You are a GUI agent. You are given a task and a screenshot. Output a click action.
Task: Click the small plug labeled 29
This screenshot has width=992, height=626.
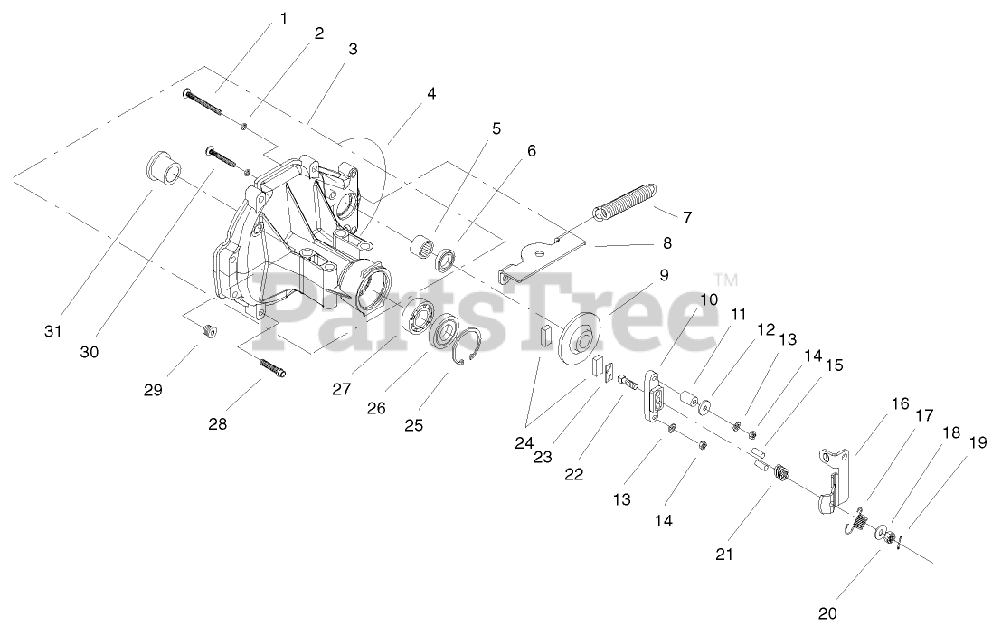click(x=208, y=331)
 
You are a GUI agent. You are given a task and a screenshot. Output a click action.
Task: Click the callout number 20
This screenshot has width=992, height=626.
click(x=827, y=612)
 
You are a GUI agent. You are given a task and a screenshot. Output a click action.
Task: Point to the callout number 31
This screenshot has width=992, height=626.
click(x=53, y=331)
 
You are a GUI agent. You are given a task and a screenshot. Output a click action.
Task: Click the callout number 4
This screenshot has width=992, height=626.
click(x=431, y=93)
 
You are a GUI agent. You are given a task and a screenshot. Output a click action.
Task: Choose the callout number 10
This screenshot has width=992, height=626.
click(x=708, y=299)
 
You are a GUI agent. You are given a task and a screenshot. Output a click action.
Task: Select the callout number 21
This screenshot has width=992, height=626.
click(x=724, y=554)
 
